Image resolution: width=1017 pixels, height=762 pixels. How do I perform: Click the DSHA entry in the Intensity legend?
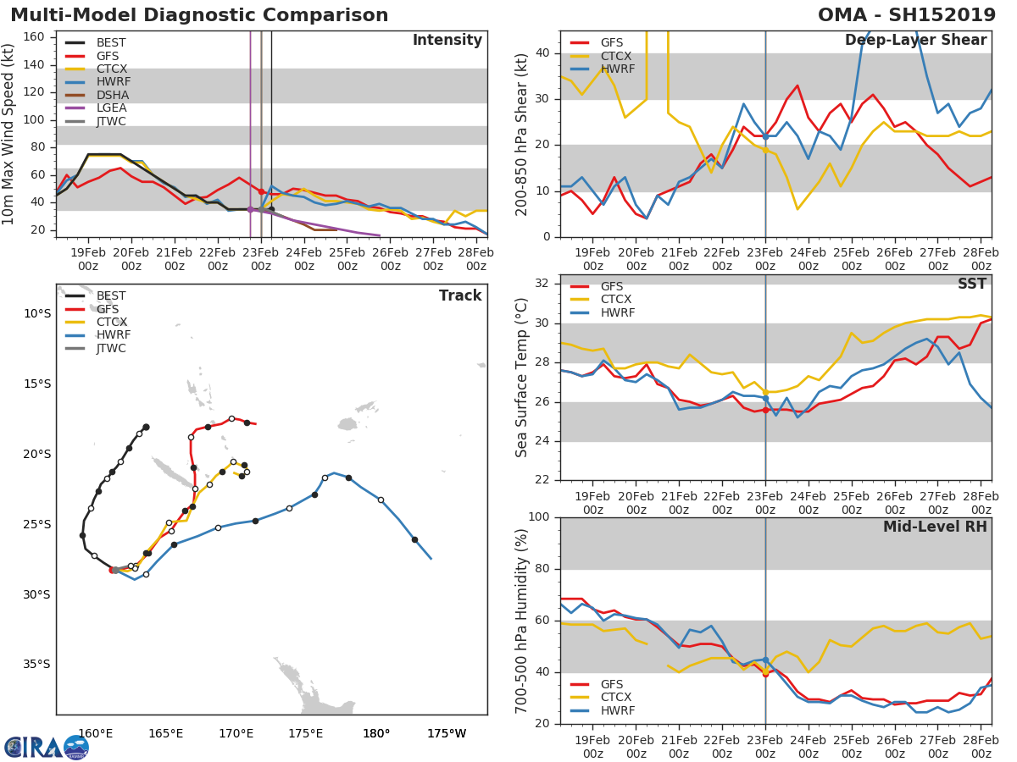(112, 95)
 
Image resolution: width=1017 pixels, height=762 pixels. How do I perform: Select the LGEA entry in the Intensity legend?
(112, 108)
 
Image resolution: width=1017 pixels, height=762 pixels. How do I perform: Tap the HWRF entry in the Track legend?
(114, 335)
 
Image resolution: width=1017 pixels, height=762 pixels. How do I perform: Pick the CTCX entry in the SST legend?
(617, 300)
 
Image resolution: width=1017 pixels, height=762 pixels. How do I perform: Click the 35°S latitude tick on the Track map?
(36, 664)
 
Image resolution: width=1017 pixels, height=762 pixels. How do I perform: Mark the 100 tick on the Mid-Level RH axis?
(539, 517)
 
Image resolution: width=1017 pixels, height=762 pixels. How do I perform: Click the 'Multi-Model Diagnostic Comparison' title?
(199, 15)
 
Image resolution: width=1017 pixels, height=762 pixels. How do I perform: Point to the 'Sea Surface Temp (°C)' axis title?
(522, 377)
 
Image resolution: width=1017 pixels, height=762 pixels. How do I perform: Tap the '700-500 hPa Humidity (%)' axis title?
(522, 621)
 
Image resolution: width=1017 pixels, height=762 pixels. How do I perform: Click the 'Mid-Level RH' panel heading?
(935, 527)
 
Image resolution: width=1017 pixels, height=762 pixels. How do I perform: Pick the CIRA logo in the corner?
(47, 747)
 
